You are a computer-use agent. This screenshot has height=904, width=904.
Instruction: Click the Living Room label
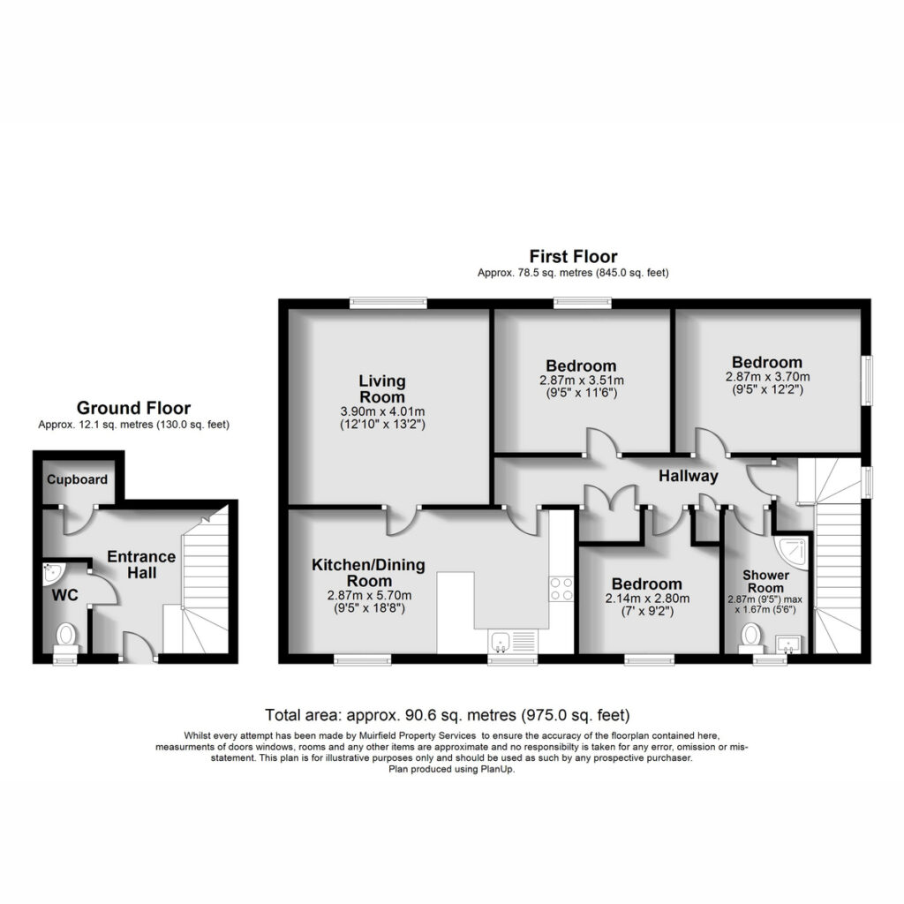pos(381,388)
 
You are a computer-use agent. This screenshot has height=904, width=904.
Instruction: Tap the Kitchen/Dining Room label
pos(368,572)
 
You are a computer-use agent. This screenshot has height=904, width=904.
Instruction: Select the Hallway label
pos(689,476)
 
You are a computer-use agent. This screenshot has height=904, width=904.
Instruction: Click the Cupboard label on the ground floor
pos(78,479)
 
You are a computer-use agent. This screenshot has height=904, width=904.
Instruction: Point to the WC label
pos(64,595)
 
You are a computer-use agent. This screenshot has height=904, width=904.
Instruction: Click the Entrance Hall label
pos(141,564)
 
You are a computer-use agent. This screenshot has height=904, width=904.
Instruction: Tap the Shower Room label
pos(765,581)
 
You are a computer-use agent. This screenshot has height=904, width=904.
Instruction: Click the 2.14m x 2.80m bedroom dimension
pos(647,599)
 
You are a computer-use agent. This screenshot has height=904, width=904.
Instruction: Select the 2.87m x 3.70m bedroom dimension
pos(767,377)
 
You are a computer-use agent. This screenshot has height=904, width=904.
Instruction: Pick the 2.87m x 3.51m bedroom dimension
pos(581,380)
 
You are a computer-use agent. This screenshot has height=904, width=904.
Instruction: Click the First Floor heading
pos(573,257)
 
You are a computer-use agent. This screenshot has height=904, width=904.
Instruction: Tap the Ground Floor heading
pos(133,408)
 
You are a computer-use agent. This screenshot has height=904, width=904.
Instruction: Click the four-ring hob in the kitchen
pos(561,589)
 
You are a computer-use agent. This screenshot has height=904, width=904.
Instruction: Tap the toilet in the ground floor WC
pos(65,639)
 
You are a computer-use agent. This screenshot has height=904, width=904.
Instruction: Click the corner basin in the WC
pos(52,572)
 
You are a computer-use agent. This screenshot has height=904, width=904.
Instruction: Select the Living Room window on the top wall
pos(388,303)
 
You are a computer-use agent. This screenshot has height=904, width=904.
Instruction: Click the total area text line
pos(448,715)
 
